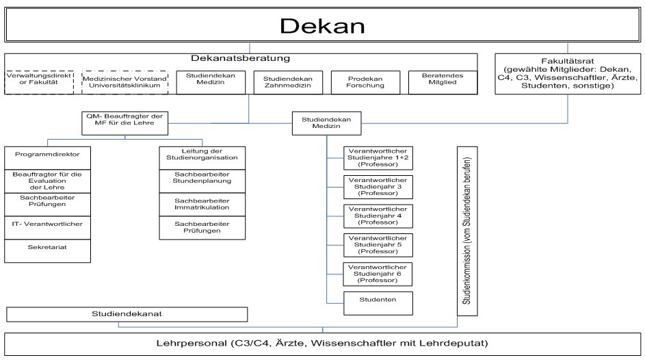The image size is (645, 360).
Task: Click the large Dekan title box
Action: [322, 26]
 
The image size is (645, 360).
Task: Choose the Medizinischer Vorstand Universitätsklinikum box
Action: [124, 83]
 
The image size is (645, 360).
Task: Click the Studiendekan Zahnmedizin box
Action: [287, 83]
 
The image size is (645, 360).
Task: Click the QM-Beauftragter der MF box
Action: [124, 122]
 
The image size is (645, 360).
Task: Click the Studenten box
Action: [378, 300]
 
